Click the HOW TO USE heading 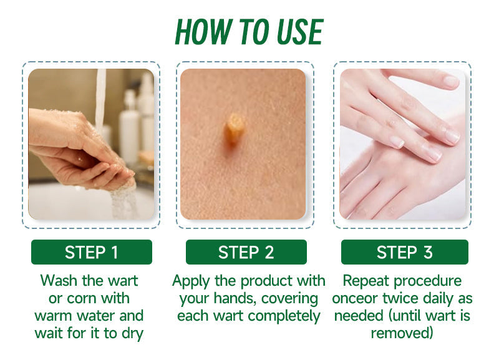click(x=249, y=32)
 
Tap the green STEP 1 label click(x=92, y=252)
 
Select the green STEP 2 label click(x=246, y=252)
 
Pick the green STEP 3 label click(x=404, y=252)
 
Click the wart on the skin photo click(x=234, y=129)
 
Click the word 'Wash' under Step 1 click(x=59, y=281)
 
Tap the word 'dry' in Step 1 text click(x=132, y=334)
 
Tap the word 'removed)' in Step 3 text click(x=402, y=334)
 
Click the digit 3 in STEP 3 click(x=428, y=252)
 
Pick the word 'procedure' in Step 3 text click(x=427, y=281)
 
